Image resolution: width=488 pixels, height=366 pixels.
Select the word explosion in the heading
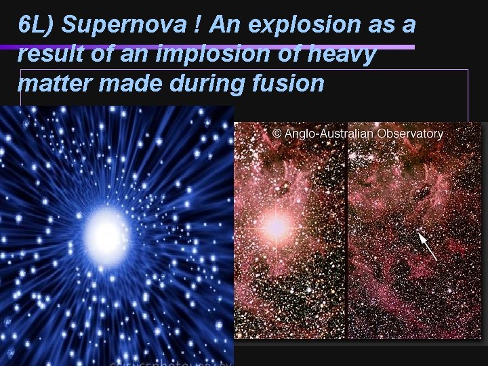[306, 26]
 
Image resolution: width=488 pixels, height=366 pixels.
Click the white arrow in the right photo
[427, 246]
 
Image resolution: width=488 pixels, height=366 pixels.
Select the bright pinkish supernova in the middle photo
[275, 227]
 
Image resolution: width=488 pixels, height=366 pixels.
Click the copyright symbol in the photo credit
[277, 134]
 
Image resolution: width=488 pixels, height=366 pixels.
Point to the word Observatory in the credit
[410, 134]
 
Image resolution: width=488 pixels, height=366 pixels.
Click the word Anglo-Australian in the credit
[328, 134]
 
